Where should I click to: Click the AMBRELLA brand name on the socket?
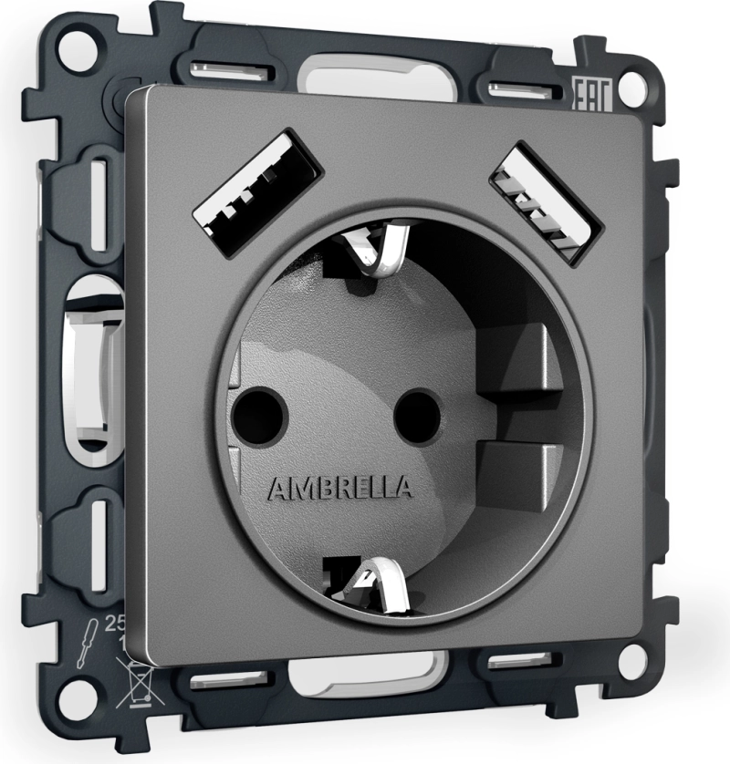point(339,489)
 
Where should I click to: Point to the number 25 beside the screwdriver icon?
point(117,625)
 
